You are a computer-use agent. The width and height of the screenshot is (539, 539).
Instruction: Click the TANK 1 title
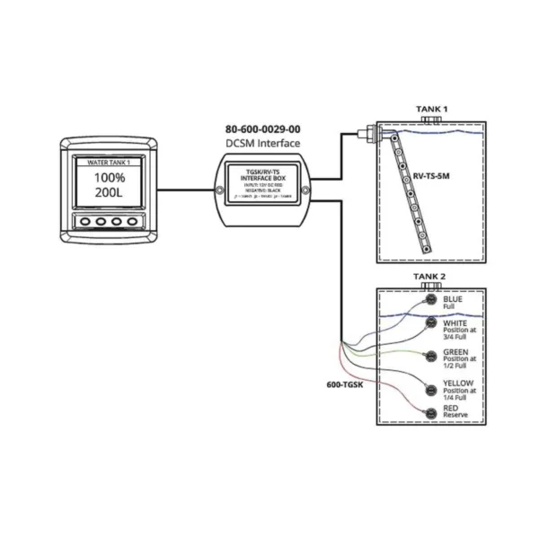(431, 108)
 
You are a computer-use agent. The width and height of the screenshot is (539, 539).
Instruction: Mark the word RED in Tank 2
(450, 409)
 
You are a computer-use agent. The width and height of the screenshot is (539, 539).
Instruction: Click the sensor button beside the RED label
(431, 412)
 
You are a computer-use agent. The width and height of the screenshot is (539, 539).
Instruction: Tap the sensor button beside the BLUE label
(431, 302)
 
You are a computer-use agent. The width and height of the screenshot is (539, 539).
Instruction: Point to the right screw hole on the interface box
(305, 190)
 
